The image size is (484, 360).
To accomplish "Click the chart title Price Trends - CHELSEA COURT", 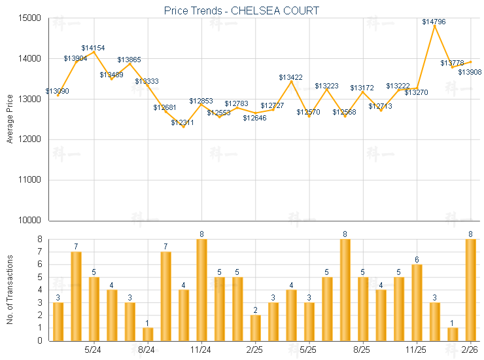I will tap(241, 11).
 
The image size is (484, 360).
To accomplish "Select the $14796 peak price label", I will tap(434, 22).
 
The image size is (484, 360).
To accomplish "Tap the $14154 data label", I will tap(93, 48).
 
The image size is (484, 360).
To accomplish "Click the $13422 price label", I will tap(290, 77).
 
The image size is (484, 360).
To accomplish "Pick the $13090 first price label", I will tap(57, 91).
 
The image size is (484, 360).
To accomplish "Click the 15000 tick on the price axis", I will tap(29, 18).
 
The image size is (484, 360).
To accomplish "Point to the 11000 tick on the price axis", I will tap(29, 180).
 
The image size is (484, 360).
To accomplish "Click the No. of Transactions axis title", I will tap(10, 289).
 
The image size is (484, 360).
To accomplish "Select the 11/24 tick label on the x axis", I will tap(201, 350).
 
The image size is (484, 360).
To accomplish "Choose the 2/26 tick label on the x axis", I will tap(470, 350).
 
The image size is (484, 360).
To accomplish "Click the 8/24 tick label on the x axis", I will tap(147, 350).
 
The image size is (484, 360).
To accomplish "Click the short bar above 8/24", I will tap(148, 334).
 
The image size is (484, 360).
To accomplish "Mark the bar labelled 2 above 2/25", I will tap(255, 328).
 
